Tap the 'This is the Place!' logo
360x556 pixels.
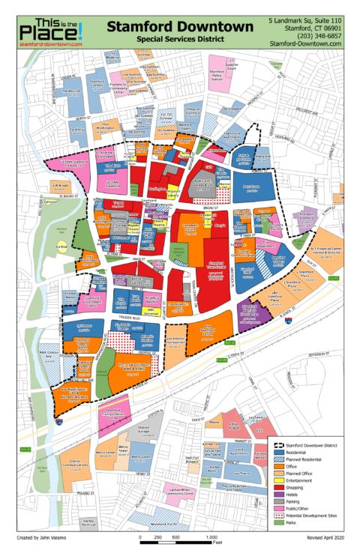(x=47, y=29)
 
